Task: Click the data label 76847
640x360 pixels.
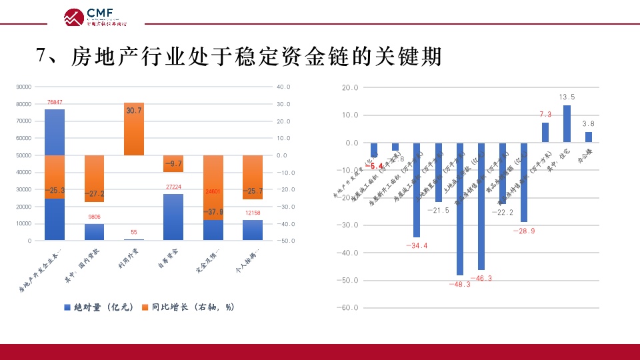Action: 55,102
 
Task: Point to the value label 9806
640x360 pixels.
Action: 94,217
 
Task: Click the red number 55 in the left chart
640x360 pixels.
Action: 134,232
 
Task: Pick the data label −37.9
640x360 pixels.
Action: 213,213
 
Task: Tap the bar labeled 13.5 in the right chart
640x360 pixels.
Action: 567,123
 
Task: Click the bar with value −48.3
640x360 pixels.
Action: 459,209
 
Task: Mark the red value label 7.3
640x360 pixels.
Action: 545,115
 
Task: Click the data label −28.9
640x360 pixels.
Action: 523,231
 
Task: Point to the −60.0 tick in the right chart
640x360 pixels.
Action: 349,308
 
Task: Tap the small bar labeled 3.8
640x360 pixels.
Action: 589,137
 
